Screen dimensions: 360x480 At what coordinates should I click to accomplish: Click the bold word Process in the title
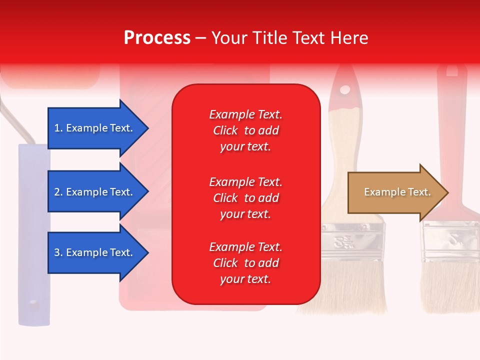click(157, 38)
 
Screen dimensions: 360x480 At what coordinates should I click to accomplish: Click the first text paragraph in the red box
click(245, 130)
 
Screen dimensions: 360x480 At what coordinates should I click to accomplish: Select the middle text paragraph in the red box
click(245, 198)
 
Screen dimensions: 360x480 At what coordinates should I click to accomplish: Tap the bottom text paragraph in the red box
click(245, 263)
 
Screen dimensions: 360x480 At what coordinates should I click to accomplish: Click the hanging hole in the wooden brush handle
click(345, 90)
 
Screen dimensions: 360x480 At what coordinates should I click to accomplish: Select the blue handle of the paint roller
click(33, 235)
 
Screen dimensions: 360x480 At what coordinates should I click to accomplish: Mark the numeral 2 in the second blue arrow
click(57, 192)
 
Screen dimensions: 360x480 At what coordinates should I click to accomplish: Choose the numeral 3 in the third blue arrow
click(57, 252)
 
